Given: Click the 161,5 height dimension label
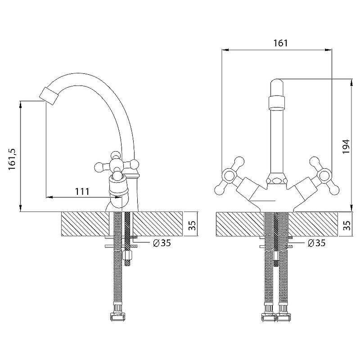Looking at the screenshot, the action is point(13,159).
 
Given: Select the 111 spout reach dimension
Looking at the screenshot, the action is point(82,191).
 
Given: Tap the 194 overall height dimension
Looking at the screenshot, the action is point(346,146).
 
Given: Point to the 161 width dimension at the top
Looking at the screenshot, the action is point(280,43).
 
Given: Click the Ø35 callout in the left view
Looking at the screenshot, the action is point(162,243).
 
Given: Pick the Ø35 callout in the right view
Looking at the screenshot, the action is point(317,243).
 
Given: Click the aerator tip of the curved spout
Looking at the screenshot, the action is point(49,96).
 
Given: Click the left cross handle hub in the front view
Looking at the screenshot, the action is point(229,176).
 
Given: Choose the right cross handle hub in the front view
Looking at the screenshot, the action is point(325,176).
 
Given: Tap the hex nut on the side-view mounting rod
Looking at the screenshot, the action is point(128,255).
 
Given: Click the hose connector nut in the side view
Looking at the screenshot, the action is point(117,317).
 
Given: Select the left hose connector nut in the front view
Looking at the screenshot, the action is point(269,317).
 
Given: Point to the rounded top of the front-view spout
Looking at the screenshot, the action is point(277,83).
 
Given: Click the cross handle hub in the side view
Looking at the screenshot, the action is point(117,165).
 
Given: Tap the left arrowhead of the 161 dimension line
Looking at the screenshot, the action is point(225,49).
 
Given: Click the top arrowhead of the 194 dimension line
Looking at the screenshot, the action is point(351,83).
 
